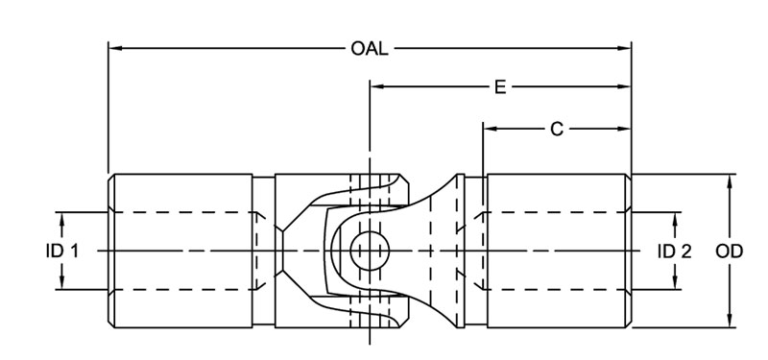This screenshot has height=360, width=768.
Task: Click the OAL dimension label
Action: coord(370,47)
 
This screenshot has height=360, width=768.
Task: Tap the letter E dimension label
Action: coord(500,87)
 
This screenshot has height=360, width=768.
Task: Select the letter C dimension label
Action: coord(556,129)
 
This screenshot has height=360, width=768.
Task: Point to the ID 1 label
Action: coord(61,251)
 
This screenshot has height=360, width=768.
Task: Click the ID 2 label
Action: coord(674,251)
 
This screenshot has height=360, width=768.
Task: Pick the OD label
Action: coord(731,251)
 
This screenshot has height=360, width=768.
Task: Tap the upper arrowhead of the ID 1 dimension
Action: coord(61,218)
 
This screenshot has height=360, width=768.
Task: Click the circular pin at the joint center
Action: coord(368,251)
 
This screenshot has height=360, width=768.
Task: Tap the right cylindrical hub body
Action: coord(557,251)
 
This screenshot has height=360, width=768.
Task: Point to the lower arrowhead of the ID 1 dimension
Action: coord(61,283)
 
